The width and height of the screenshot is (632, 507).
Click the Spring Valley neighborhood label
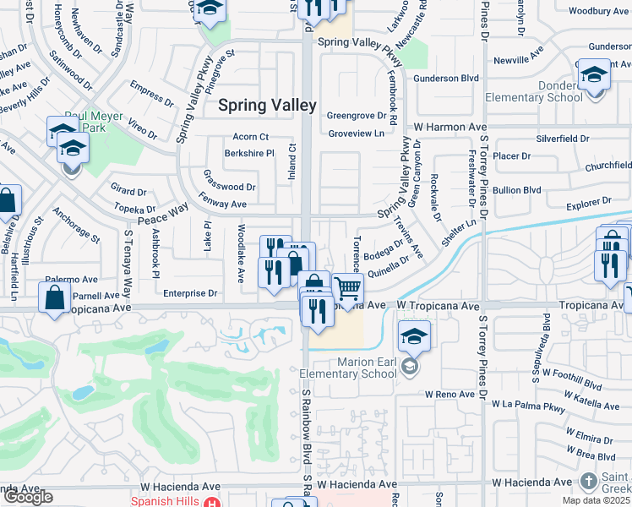267,106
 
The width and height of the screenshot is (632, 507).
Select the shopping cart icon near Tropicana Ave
347,290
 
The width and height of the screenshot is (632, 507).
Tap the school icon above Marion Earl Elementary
413,337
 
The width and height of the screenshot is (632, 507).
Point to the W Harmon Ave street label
448,128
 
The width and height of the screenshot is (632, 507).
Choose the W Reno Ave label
452,394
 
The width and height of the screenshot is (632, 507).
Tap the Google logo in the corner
28,497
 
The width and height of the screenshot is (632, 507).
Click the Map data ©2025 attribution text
596,500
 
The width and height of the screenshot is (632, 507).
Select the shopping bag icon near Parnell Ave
55,299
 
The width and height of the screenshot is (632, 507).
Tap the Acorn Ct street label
251,137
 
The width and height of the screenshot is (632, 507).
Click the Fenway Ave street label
223,204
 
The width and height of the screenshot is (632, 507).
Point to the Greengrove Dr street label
356,115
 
